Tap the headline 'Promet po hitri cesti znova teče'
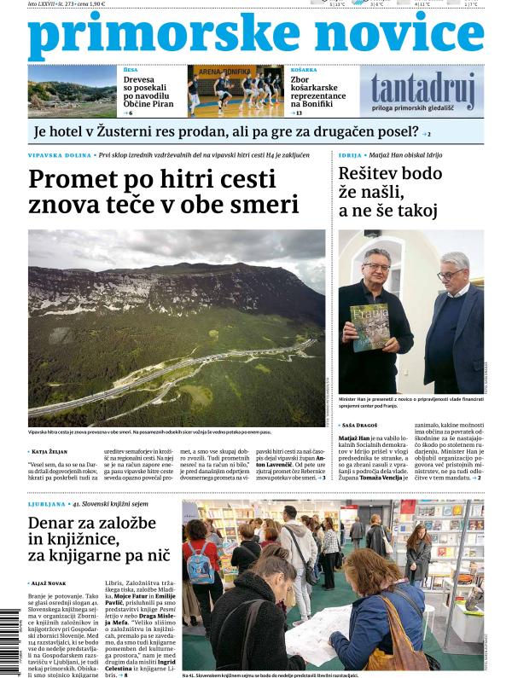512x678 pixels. point(163,192)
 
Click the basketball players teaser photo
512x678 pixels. point(236,90)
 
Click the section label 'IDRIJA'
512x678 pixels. point(351,155)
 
